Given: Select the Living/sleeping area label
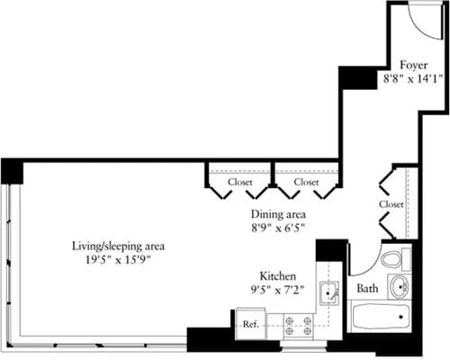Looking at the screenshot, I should (119, 245).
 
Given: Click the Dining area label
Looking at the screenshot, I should (278, 214).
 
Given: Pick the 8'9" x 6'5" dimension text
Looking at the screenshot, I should (278, 229).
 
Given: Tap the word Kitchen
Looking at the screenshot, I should (278, 277).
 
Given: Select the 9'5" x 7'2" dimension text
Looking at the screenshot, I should (278, 291).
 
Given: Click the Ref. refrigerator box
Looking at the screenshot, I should (249, 325).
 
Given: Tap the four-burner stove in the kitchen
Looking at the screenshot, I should (297, 324).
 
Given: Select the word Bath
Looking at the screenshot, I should (366, 290).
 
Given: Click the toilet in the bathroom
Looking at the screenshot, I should (391, 260).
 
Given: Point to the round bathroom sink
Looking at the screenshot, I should (399, 288).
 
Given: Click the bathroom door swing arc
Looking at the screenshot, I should (358, 261).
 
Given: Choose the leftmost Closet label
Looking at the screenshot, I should (239, 182).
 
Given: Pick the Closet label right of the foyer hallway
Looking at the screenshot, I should (391, 204).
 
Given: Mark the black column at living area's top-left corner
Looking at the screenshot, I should (12, 169).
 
